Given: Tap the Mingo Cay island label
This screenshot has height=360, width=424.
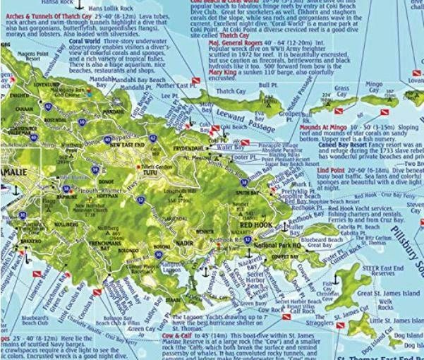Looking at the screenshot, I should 380,86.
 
